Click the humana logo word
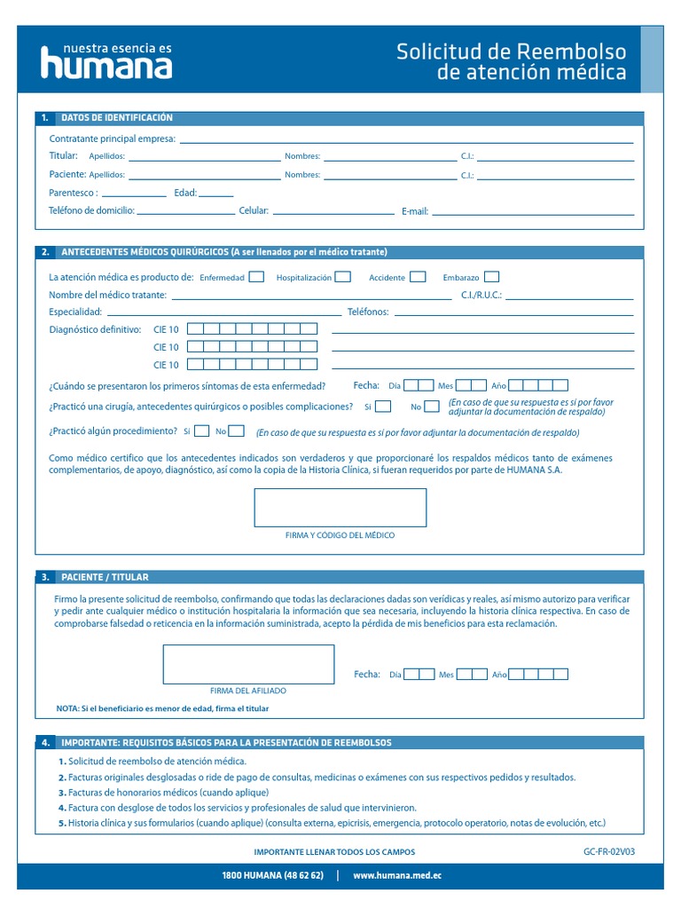click(x=106, y=64)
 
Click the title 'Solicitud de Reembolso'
click(x=511, y=51)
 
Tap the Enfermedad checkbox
click(x=256, y=277)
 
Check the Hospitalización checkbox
click(x=342, y=277)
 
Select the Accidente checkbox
click(x=418, y=277)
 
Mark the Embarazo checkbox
click(x=491, y=277)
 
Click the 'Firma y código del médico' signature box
click(x=340, y=508)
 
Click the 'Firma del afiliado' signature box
click(x=248, y=664)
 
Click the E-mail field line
click(x=532, y=213)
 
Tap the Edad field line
click(x=216, y=194)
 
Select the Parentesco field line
click(x=134, y=194)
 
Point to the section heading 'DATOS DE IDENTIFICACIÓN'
click(x=117, y=118)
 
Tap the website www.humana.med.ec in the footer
click(x=397, y=876)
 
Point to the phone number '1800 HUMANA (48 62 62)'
click(x=272, y=876)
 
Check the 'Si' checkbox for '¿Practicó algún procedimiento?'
click(x=201, y=431)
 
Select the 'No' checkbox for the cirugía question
click(x=431, y=407)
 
